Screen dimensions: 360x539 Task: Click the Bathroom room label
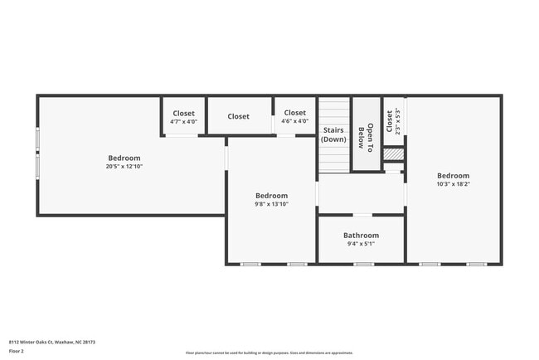coord(361,236)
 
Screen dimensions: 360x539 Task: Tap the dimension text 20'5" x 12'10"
coord(124,166)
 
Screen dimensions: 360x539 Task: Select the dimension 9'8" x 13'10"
coord(271,204)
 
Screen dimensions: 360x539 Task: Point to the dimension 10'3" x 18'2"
coord(454,184)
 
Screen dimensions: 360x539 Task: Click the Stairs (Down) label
coord(333,134)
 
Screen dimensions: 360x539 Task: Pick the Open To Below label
coord(366,135)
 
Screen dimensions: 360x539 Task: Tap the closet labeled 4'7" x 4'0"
coord(183,122)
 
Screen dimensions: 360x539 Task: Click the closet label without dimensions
coord(239,117)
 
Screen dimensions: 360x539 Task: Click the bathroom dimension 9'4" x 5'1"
coord(361,244)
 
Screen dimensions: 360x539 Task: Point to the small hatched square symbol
coord(393,154)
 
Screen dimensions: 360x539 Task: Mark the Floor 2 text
coord(17,352)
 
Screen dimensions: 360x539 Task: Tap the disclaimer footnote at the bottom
coord(269,353)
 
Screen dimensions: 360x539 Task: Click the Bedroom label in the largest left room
coord(124,158)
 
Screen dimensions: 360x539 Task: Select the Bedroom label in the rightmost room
coord(454,176)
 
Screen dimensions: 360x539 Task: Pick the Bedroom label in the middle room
coord(271,196)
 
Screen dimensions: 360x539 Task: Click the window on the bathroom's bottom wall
coord(363,264)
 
